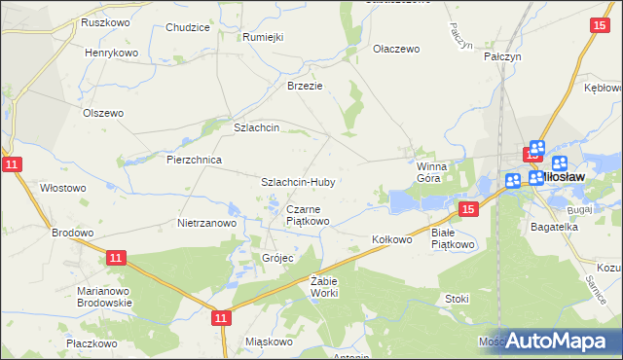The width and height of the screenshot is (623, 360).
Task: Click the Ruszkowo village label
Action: pos(106,22)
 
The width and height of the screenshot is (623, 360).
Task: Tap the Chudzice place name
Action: pos(188,28)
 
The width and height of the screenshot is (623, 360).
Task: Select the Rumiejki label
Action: pos(262,37)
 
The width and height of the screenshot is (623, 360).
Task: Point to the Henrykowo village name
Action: pos(112,53)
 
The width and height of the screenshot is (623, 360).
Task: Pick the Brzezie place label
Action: pos(304,86)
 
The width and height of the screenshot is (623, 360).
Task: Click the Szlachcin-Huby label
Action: pos(299,182)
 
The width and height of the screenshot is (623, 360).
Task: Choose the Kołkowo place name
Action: pos(393,238)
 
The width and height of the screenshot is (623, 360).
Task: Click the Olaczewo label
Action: pos(395,48)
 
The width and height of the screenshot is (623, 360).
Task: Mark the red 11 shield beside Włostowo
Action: pos(11,165)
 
